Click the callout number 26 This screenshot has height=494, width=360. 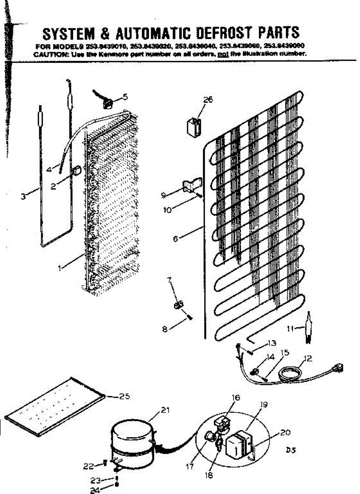[208, 100]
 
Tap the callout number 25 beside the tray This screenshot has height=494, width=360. [124, 396]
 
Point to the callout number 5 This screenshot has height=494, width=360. [125, 97]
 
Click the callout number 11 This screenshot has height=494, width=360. [291, 329]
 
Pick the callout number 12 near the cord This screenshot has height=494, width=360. [307, 358]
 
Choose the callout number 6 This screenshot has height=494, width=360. [176, 238]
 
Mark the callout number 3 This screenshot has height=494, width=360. [23, 197]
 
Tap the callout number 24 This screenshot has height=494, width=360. [95, 490]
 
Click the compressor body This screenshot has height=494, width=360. [132, 443]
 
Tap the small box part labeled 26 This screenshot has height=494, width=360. [193, 126]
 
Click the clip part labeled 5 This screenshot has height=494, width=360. [108, 102]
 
